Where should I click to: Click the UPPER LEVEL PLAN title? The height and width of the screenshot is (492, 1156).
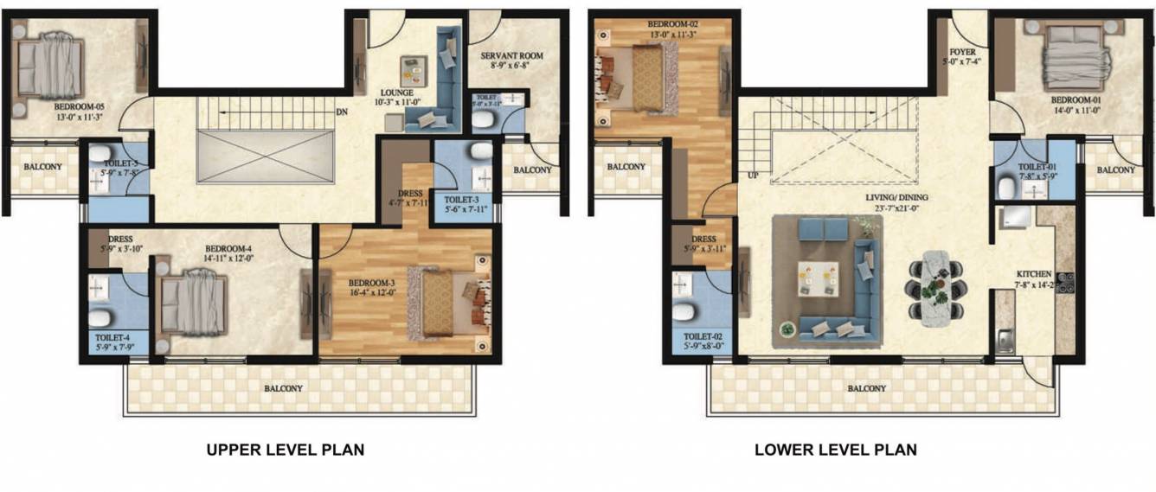[284, 450]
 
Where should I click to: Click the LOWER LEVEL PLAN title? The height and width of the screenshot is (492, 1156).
[835, 450]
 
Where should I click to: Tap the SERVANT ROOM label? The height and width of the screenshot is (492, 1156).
[511, 56]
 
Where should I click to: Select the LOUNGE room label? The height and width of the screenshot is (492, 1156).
[400, 93]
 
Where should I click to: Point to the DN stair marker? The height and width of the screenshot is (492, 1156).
[344, 111]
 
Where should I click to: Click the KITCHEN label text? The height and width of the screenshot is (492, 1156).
[1034, 275]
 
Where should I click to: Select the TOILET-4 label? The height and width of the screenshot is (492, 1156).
[112, 338]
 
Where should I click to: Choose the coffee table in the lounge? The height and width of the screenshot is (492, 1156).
[413, 68]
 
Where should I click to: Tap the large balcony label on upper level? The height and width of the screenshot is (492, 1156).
[283, 388]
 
